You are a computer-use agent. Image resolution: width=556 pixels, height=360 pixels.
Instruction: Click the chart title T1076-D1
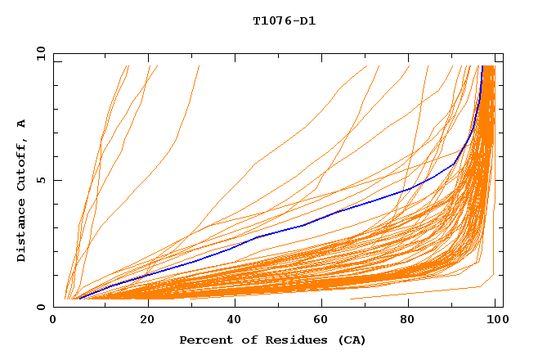coord(285,20)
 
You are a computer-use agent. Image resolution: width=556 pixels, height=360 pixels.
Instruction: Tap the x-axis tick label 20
coord(148,320)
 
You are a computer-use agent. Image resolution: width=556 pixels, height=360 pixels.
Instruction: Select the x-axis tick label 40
coord(235,320)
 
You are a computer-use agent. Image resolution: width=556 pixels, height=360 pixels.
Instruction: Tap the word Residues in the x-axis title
coord(288,340)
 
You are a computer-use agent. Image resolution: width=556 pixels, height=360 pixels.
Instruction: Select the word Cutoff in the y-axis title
coord(22,164)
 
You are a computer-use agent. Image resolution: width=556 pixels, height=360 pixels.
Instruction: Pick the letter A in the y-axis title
coord(22,123)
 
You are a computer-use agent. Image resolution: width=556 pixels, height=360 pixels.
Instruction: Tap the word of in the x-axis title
coord(246,340)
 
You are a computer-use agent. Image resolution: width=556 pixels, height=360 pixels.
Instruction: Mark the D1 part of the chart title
coord(306,20)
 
